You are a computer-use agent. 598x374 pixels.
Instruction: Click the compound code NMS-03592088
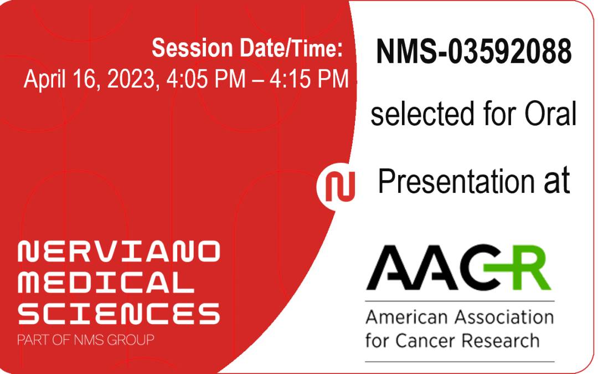coord(473,52)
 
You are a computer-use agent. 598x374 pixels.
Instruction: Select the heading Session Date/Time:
coord(248,49)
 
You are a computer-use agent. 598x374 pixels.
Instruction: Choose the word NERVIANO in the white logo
coord(118,252)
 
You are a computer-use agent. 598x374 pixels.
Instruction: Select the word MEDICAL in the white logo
coord(102,283)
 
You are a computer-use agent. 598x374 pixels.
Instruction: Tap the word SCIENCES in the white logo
coord(118,314)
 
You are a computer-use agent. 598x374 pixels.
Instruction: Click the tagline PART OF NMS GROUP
coord(86,340)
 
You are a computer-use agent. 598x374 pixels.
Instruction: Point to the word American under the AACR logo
coord(405,317)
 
